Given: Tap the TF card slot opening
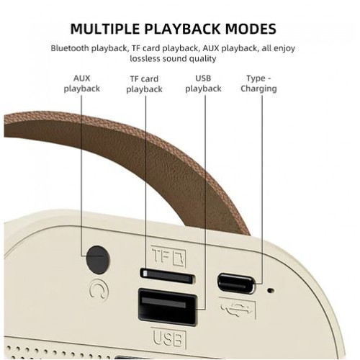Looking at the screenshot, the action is coord(168,276).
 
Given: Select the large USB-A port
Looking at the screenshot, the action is coord(168,307).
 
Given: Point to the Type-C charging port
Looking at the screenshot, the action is coord(235,284).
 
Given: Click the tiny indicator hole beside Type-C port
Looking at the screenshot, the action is coord(271,291).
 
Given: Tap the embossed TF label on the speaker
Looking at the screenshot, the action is coord(161,256).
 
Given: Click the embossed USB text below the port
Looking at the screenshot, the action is coord(168,338).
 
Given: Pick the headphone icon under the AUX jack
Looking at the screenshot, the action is coord(99,290).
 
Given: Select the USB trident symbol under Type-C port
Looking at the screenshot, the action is coord(238,308).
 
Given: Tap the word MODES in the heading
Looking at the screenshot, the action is coord(251,29).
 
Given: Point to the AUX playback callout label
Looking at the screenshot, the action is coord(81,84).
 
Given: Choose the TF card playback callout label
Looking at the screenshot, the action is coord(144,84).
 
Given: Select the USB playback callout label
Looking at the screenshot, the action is coord(203,84).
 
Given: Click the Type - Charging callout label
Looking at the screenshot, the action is coord(258,84).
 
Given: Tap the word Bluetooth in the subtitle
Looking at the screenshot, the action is coord(70,48).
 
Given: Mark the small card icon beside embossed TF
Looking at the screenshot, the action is coord(179,258).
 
